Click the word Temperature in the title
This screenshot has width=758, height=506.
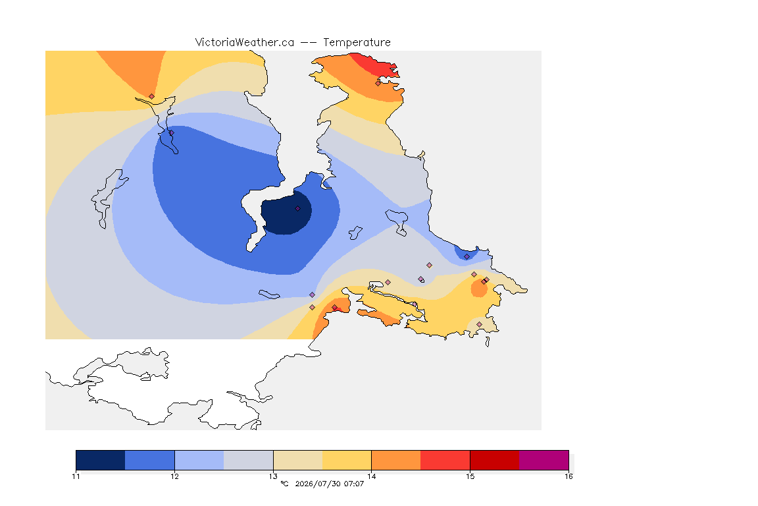click(357, 43)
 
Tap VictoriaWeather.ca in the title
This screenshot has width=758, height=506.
click(245, 43)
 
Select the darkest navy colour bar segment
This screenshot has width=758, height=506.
click(101, 460)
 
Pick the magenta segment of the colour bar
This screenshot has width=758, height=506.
click(544, 460)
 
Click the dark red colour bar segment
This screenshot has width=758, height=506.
click(495, 460)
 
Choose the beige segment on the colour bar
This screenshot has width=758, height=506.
click(298, 460)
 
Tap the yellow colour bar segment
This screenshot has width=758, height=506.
click(347, 460)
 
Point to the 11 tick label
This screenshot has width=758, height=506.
click(76, 476)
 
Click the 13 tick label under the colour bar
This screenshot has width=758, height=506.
click(273, 476)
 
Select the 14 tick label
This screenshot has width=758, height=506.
click(371, 476)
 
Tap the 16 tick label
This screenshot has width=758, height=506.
click(568, 476)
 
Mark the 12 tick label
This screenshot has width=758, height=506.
click(174, 476)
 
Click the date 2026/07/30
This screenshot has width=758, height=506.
click(317, 484)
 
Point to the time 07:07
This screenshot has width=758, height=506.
click(354, 484)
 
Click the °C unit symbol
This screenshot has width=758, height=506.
click(285, 484)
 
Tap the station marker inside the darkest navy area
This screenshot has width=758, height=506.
click(298, 209)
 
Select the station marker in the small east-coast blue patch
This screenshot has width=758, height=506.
click(467, 257)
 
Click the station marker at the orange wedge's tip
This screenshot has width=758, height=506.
click(152, 96)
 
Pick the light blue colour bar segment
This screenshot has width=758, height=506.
click(199, 460)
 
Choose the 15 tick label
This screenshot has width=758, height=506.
click(470, 476)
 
